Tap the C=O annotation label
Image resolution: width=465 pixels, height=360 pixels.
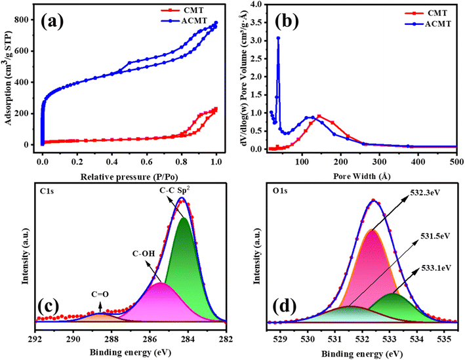[100, 294]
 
